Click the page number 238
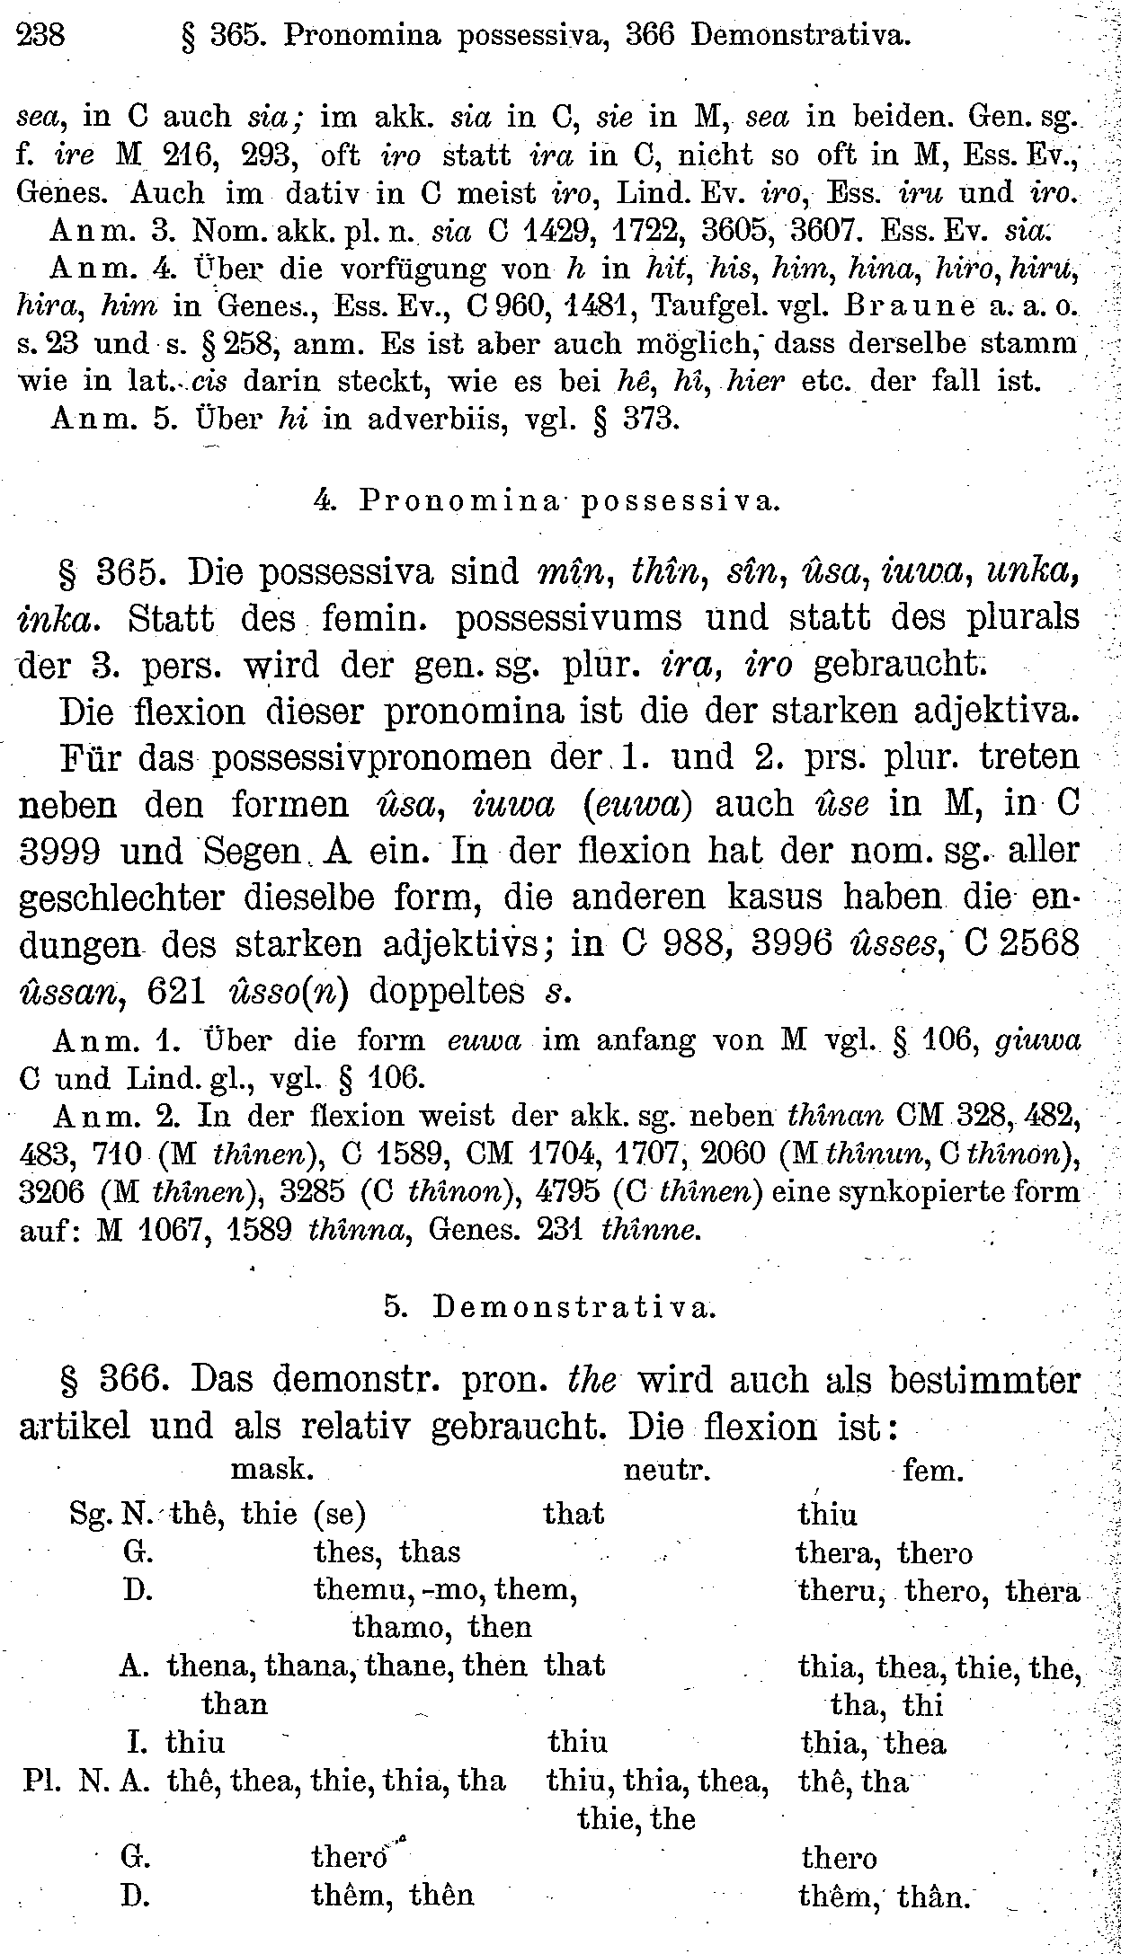tap(41, 35)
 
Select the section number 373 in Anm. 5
tap(650, 420)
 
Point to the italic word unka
tap(1033, 572)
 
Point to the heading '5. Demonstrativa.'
tap(550, 1307)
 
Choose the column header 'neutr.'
tap(667, 1471)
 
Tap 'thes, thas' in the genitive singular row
tap(387, 1552)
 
